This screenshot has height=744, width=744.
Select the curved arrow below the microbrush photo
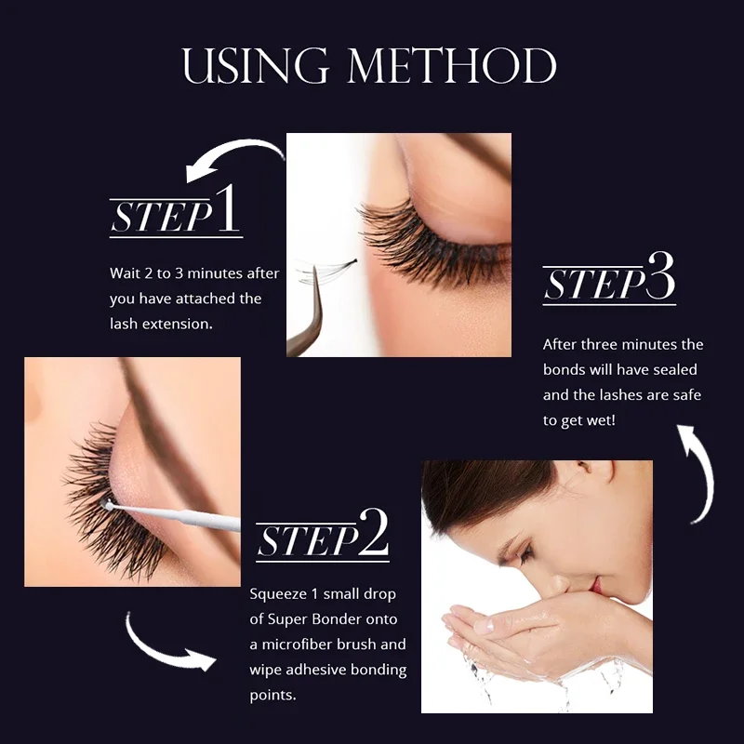167,642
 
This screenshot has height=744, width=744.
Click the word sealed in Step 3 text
683,370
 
